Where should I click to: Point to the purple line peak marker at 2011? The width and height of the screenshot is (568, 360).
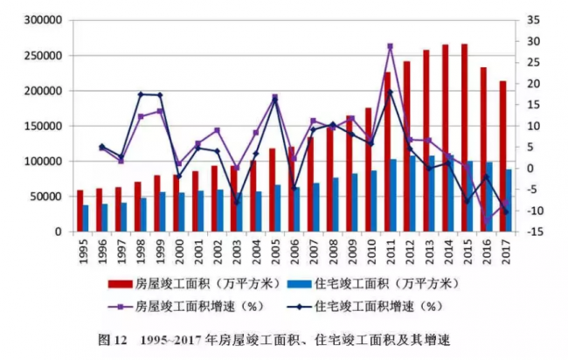[390, 46]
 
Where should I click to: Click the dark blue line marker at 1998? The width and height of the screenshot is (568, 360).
[141, 94]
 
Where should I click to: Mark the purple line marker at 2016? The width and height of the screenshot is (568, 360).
[487, 220]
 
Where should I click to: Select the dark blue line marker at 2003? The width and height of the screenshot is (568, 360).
[236, 202]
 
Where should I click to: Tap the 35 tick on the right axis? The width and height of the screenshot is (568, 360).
[535, 20]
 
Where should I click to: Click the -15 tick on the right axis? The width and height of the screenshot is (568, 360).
[535, 232]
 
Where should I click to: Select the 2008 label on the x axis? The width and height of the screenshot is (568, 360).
[332, 254]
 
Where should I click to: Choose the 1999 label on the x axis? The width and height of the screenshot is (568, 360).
[159, 254]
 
